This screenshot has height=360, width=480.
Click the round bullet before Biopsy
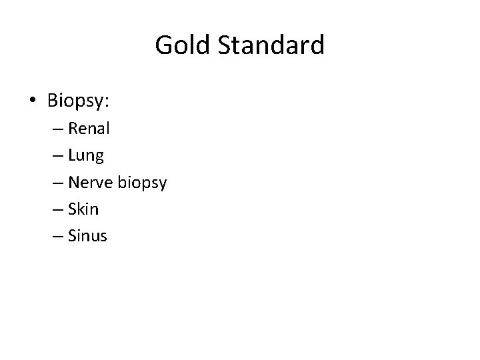[33, 101]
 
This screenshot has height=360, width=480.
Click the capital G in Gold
[163, 45]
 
